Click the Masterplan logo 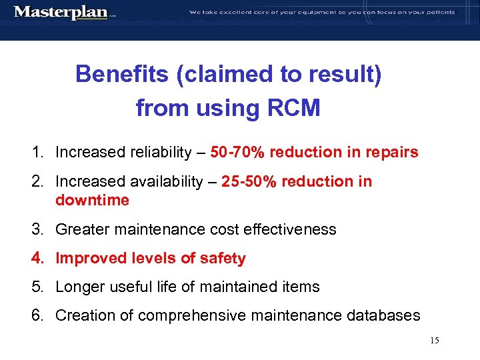coord(61,12)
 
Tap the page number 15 coord(435,341)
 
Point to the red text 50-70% coord(237,153)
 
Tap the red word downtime coord(92,200)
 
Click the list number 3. coord(37,230)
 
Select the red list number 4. coord(37,259)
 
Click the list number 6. coord(37,315)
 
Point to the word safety coord(223,259)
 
